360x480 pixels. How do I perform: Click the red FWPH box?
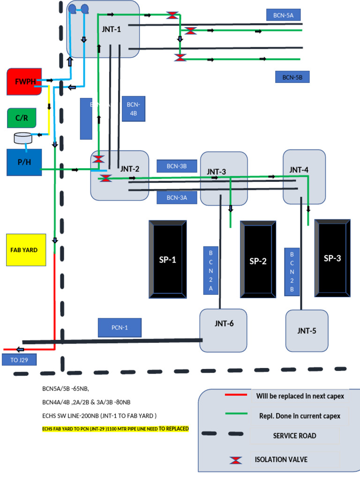point(24,82)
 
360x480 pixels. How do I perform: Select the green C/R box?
point(22,118)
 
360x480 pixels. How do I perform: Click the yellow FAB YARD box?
point(24,250)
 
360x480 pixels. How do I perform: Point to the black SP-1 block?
point(167,259)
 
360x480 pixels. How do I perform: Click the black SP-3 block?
point(332,258)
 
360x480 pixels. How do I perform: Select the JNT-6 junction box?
point(224,330)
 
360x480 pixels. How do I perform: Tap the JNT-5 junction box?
point(307,330)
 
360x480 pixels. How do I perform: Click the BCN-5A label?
point(283,15)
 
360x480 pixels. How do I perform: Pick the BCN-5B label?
point(292,77)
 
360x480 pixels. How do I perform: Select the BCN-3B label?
point(177,166)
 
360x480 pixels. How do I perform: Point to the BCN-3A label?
point(177,197)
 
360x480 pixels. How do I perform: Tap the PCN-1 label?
point(120,327)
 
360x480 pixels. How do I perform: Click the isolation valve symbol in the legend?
point(236,460)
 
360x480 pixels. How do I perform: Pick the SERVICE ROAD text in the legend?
point(294,436)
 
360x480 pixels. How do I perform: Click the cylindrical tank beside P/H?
point(22,138)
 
